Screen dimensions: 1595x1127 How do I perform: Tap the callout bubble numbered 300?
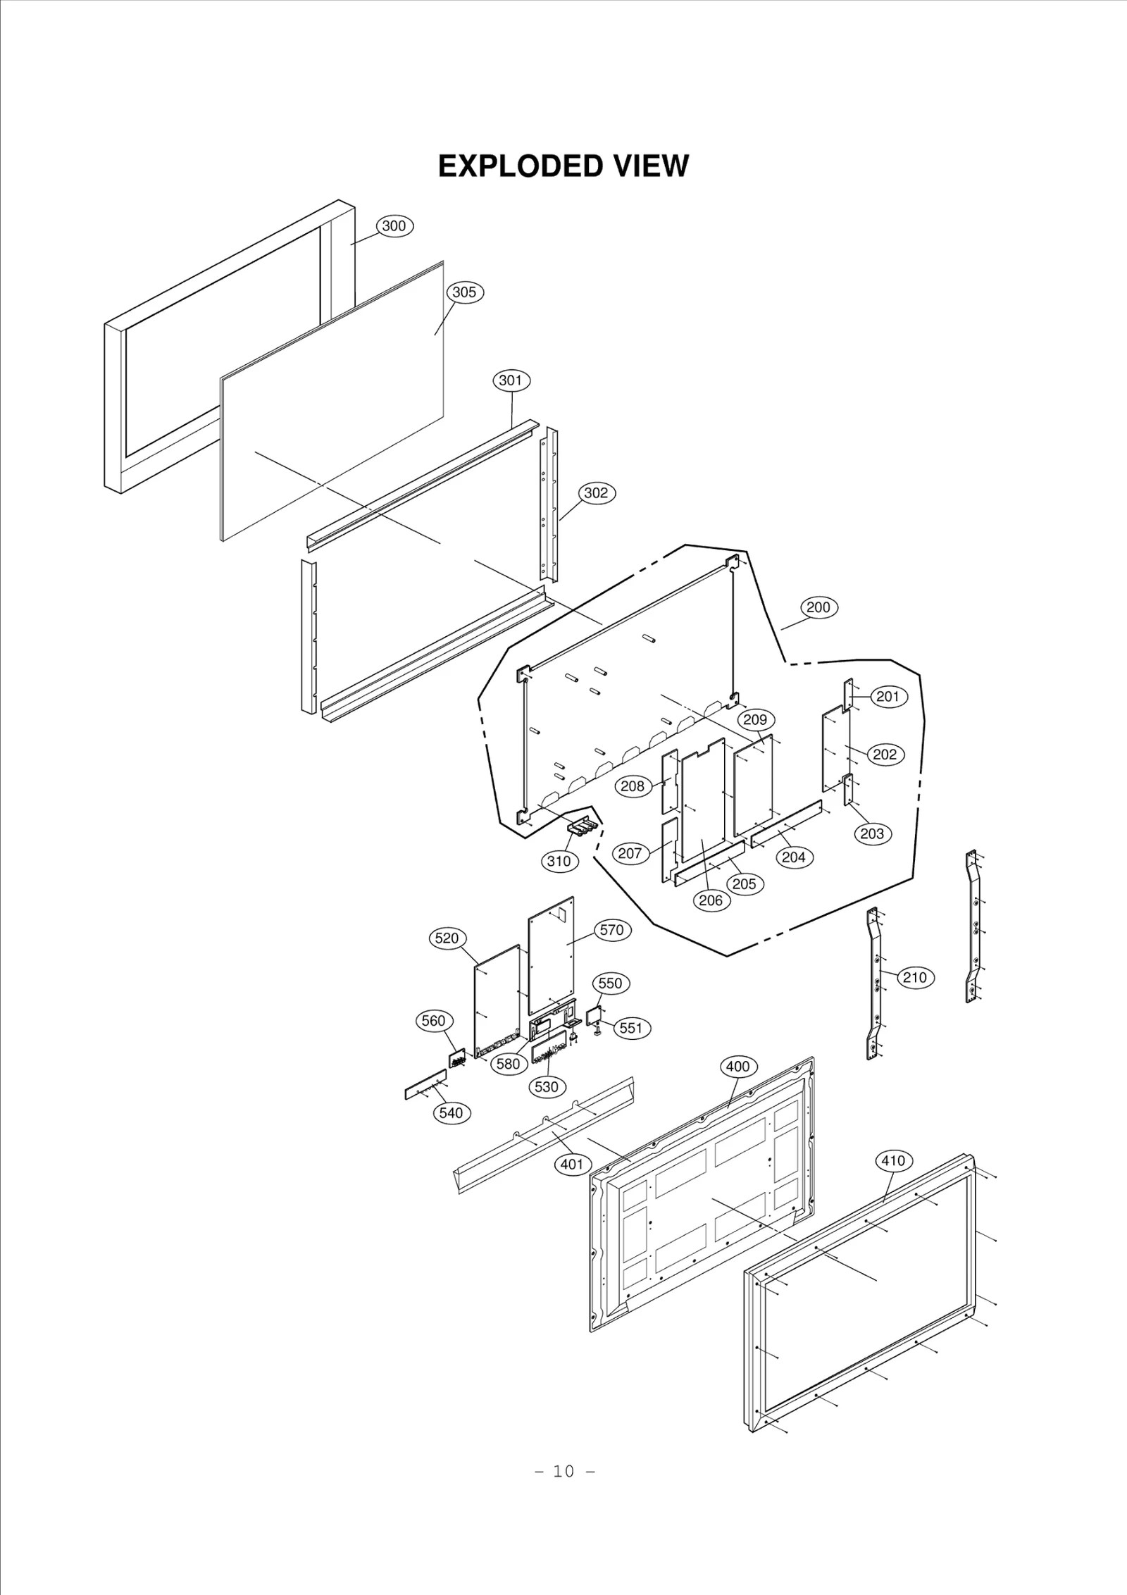(x=394, y=226)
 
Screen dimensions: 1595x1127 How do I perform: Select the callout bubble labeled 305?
(x=464, y=292)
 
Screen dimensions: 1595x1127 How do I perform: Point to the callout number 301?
(x=511, y=381)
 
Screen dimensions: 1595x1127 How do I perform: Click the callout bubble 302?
(x=596, y=493)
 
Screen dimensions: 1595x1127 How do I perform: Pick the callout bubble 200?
(x=818, y=607)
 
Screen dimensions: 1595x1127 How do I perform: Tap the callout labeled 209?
(x=755, y=720)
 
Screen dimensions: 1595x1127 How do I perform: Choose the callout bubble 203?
(x=873, y=834)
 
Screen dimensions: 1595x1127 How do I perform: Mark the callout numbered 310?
(x=559, y=861)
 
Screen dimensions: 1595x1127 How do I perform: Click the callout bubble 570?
(x=611, y=930)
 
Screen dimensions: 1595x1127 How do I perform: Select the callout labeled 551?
(x=631, y=1028)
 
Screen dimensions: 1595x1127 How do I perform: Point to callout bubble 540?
(x=451, y=1112)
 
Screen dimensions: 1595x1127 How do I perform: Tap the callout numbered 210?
(x=914, y=977)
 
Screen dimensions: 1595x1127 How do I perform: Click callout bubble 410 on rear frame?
(x=893, y=1160)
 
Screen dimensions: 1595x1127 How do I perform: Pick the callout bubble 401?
(x=572, y=1164)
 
